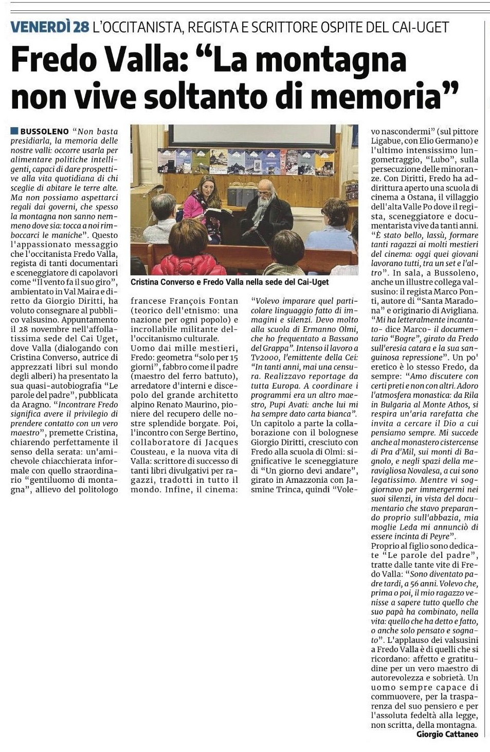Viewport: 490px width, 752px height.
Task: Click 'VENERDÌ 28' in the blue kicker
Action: coord(50,27)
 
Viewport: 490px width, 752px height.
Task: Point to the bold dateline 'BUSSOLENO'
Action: coord(44,132)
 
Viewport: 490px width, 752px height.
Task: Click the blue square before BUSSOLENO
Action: coord(14,131)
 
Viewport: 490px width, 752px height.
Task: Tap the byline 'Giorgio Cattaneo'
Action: coord(447,734)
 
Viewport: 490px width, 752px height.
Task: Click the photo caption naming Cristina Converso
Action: coord(229,282)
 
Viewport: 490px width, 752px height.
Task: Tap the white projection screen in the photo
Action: coord(252,135)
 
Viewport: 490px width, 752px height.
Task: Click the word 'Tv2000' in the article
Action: coord(263,358)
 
